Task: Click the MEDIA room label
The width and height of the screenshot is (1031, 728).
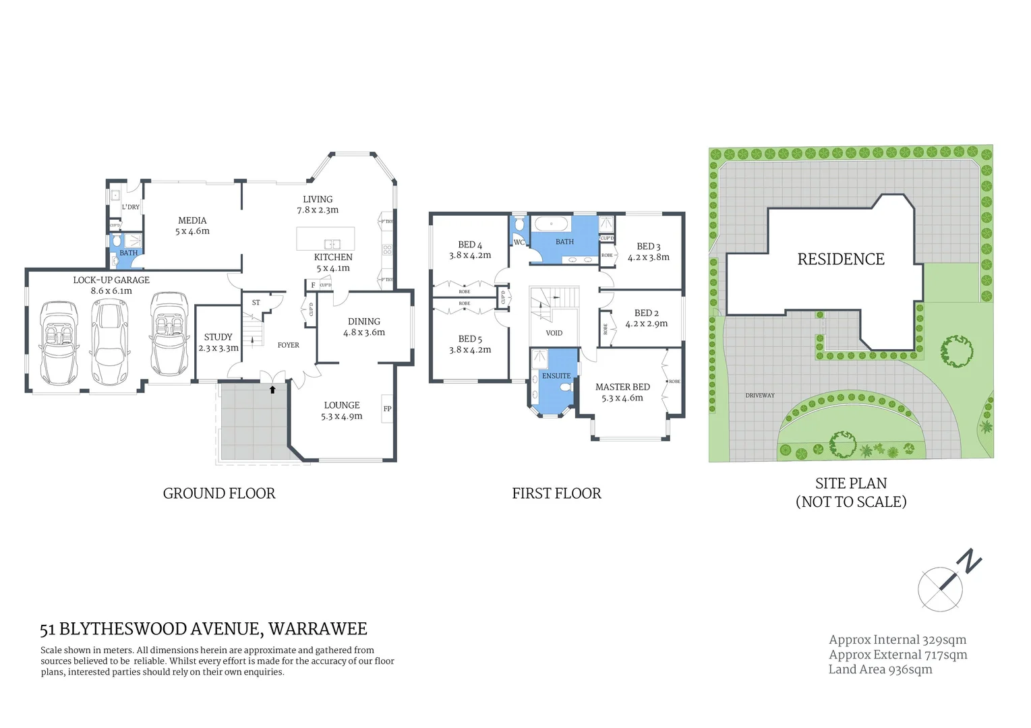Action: [192, 220]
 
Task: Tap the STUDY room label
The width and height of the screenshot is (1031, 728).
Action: [218, 337]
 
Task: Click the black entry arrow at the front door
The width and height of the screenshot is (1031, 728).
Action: [272, 389]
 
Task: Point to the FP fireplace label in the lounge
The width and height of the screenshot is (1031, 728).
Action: [388, 408]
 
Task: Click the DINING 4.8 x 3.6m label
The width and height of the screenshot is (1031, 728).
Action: [364, 327]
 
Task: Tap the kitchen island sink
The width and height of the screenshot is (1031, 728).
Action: [332, 244]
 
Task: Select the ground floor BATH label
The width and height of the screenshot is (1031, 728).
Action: [128, 253]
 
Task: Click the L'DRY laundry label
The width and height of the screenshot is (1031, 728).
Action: [131, 207]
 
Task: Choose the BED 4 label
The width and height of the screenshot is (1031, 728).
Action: [470, 245]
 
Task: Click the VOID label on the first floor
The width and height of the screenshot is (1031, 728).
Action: [554, 333]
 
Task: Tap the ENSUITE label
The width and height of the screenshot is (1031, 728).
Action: [556, 376]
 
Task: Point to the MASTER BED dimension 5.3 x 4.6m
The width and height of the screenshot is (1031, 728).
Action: [622, 398]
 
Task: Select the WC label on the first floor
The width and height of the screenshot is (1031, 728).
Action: [519, 243]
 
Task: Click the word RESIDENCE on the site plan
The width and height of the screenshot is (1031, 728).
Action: [841, 260]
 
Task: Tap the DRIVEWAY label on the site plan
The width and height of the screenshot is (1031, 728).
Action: [760, 396]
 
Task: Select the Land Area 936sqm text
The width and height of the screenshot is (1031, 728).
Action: [880, 669]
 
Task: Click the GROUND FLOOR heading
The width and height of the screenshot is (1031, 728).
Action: [219, 493]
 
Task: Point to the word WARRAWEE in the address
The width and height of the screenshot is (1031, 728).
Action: [318, 629]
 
